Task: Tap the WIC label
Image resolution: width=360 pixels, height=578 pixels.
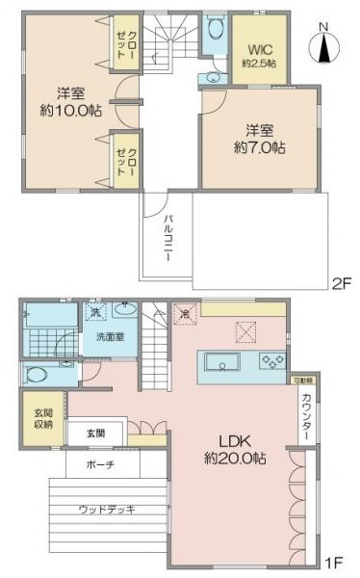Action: click(x=261, y=49)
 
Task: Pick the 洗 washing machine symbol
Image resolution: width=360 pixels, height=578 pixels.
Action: click(x=95, y=312)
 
